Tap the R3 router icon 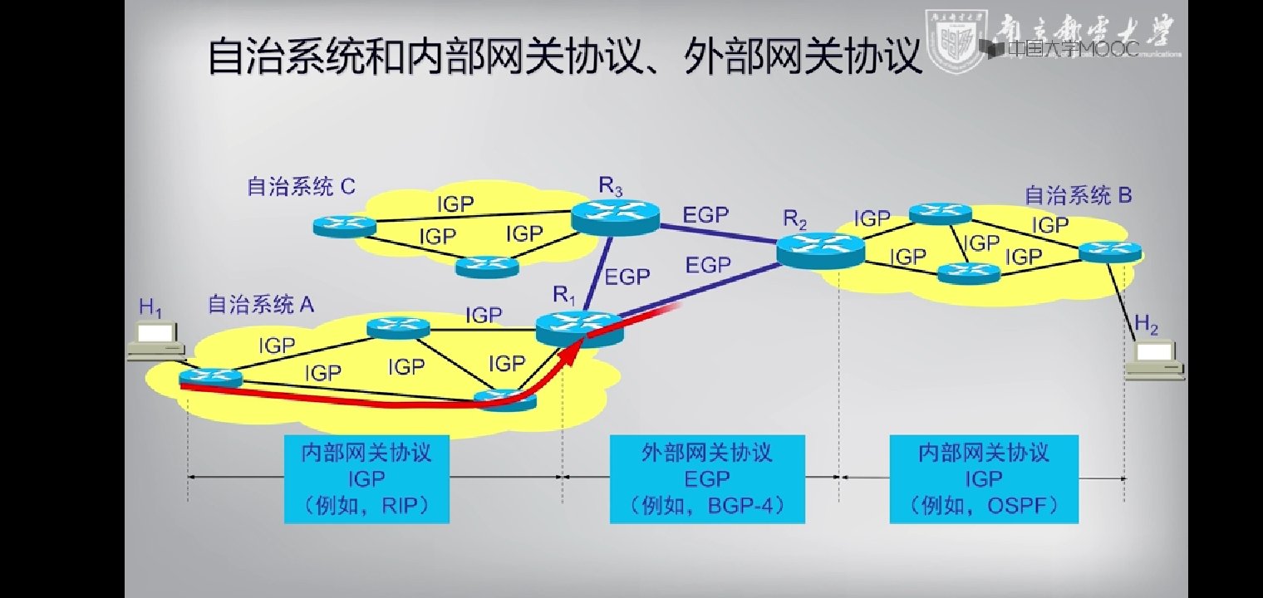615,218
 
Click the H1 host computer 155,341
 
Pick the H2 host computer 1155,360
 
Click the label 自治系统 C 301,186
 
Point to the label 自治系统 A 261,305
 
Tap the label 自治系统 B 1078,196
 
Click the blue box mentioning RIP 366,478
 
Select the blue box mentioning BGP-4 707,478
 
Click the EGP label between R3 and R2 705,216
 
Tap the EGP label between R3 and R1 627,277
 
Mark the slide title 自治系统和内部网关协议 564,57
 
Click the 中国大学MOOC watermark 1060,49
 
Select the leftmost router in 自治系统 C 345,224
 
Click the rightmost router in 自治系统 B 1110,251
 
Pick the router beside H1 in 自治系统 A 211,380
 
